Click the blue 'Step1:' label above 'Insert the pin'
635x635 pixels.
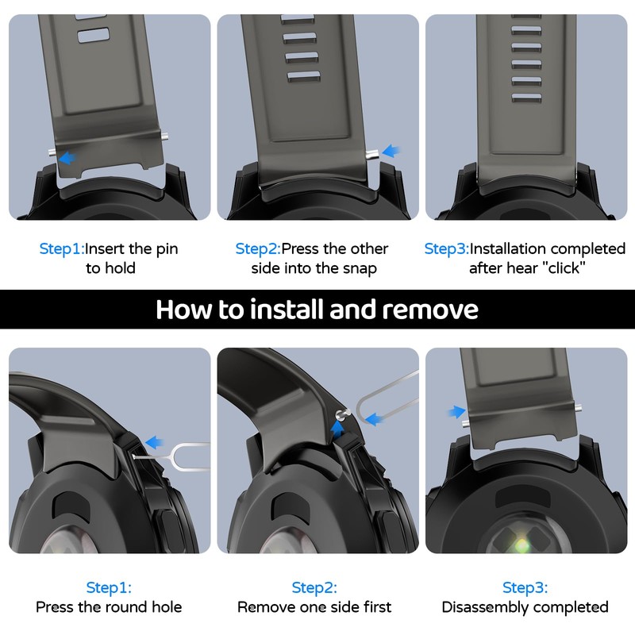(62, 248)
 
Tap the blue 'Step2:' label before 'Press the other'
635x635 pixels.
(258, 248)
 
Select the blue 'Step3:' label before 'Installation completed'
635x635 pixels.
(446, 248)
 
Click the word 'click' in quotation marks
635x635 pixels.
(564, 268)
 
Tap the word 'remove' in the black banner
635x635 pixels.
(430, 310)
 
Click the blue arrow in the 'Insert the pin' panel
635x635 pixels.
(68, 157)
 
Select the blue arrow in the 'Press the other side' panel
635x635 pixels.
(391, 151)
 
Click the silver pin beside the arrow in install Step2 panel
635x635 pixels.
(371, 154)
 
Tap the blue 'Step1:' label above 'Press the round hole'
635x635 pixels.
(109, 587)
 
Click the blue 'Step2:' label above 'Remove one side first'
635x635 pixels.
(314, 587)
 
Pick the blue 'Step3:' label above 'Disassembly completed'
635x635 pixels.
(525, 587)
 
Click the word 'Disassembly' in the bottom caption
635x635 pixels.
(485, 607)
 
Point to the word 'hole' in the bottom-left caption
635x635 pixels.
(167, 606)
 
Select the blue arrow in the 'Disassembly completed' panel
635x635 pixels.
(457, 412)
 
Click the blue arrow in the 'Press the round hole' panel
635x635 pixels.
(154, 442)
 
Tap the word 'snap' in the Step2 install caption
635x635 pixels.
(360, 268)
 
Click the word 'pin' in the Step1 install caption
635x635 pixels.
(167, 249)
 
